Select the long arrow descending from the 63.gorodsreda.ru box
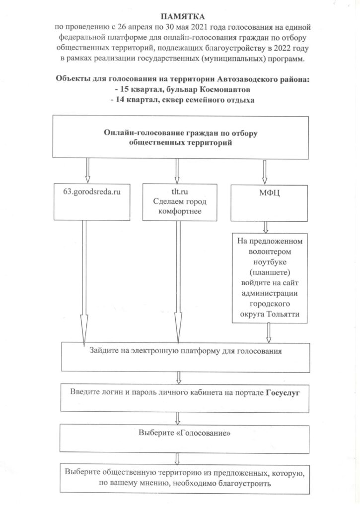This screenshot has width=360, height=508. (x=84, y=283)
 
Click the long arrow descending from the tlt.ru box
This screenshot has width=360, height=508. (x=176, y=283)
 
